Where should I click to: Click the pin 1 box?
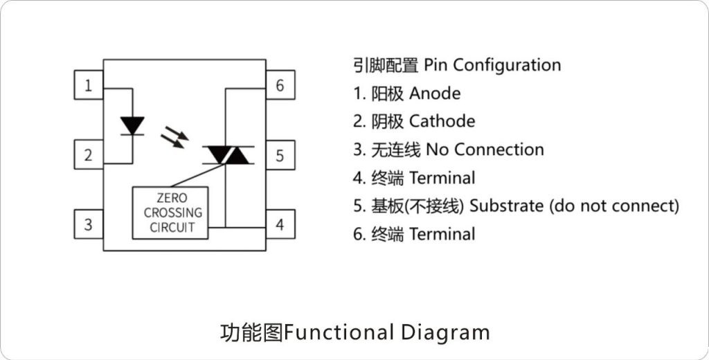pyautogui.click(x=89, y=86)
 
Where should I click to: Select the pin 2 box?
pyautogui.click(x=89, y=155)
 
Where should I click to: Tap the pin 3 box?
pyautogui.click(x=89, y=224)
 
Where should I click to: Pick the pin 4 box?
pyautogui.click(x=280, y=224)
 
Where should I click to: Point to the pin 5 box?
pyautogui.click(x=280, y=155)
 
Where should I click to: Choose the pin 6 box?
pyautogui.click(x=280, y=86)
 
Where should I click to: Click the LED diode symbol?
pyautogui.click(x=132, y=126)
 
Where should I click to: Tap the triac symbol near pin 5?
pyautogui.click(x=228, y=155)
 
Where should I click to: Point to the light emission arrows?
pyautogui.click(x=174, y=136)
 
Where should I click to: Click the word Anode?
pyautogui.click(x=435, y=93)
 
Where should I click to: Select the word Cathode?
pyautogui.click(x=442, y=122)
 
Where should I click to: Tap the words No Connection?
pyautogui.click(x=485, y=150)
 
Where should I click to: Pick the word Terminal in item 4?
pyautogui.click(x=442, y=179)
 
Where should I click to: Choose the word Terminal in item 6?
pyautogui.click(x=442, y=235)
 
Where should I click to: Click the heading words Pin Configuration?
pyautogui.click(x=492, y=66)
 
